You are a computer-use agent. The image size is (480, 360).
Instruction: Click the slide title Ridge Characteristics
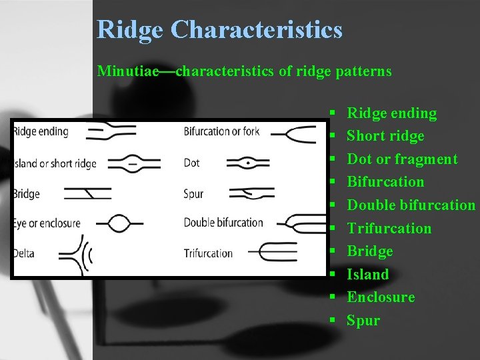coord(219,30)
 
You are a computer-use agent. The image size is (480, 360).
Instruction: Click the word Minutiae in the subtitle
coord(126,71)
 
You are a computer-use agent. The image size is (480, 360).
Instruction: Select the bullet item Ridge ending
coord(391,113)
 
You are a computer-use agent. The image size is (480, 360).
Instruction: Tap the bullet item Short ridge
coord(385,136)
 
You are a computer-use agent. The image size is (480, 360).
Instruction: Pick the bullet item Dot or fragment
coord(402,159)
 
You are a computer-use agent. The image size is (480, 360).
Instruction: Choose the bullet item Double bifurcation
coord(411,205)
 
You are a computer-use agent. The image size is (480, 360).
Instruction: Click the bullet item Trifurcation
coord(389,229)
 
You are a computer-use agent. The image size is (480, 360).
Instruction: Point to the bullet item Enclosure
coord(381,297)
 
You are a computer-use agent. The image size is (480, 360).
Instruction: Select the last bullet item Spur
coord(363,321)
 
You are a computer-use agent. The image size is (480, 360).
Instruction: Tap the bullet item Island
coord(367,274)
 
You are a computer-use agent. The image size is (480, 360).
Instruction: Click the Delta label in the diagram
coord(24,253)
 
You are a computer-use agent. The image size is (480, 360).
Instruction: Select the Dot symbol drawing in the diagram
coord(248,163)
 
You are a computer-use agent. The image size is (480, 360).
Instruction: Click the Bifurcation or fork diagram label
coord(221,131)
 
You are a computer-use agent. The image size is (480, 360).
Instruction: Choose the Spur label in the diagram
coord(193,194)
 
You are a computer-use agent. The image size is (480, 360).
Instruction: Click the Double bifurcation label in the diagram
coord(223,223)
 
